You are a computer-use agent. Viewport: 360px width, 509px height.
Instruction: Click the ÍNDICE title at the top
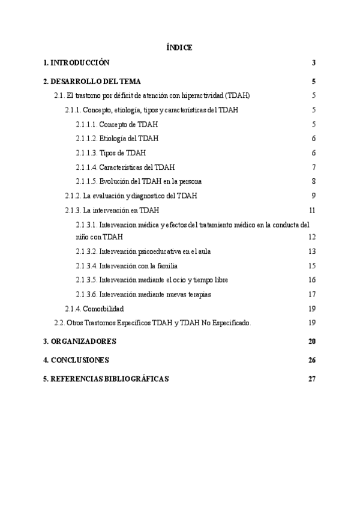179,48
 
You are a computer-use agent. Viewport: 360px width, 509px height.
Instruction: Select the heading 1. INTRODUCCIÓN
76,62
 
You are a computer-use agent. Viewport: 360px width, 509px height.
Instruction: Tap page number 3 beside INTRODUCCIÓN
314,62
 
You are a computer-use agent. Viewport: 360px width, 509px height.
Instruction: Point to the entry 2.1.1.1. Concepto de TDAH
112,124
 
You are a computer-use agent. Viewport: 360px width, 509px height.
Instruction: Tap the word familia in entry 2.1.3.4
164,266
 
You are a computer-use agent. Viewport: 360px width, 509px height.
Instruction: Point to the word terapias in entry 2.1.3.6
199,294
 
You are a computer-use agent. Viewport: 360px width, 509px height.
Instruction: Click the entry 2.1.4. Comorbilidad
94,309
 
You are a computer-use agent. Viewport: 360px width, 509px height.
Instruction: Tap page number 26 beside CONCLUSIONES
311,360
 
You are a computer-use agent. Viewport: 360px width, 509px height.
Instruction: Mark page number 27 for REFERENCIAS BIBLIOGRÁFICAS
311,379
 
